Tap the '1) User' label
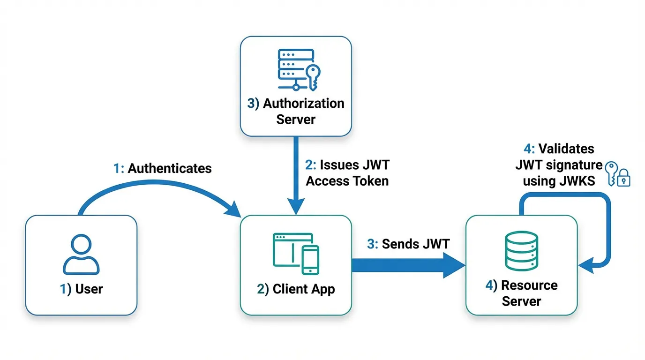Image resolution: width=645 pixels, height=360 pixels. [x=81, y=289]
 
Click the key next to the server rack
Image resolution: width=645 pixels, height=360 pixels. [x=313, y=77]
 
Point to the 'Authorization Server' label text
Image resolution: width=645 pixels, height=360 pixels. [x=296, y=111]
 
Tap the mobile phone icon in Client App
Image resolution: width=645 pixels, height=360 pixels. [x=310, y=260]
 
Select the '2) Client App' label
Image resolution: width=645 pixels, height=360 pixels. [x=296, y=289]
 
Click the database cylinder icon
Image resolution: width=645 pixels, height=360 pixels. [x=521, y=251]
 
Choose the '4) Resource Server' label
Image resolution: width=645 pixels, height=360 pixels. [x=521, y=293]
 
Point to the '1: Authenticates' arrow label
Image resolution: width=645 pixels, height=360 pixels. [x=162, y=168]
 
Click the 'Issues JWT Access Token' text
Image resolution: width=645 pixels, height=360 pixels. [x=347, y=173]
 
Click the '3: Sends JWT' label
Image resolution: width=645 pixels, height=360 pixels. [x=408, y=244]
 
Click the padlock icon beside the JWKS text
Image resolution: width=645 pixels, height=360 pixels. [x=624, y=179]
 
